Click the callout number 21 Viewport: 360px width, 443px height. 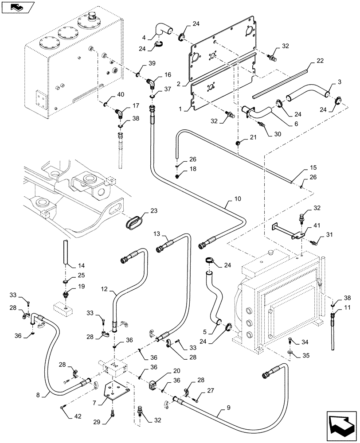(x=253, y=138)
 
